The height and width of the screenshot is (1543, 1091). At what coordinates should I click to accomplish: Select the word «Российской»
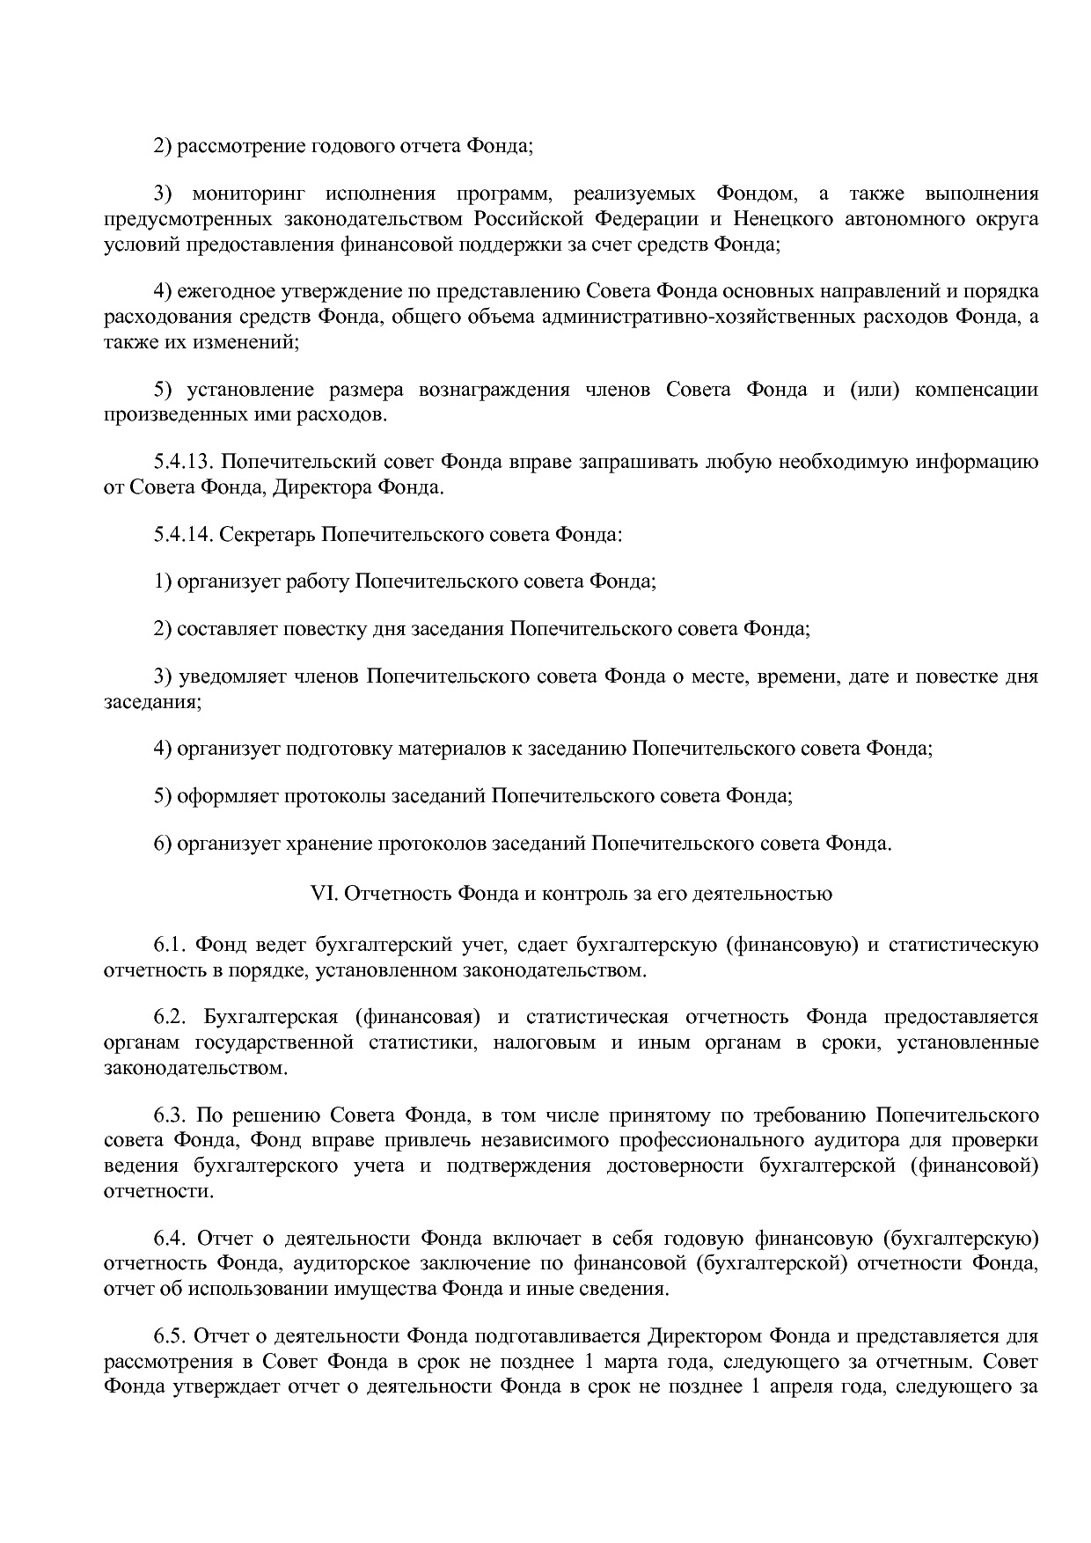pyautogui.click(x=526, y=219)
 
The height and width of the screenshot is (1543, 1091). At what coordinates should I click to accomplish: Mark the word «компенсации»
pyautogui.click(x=976, y=390)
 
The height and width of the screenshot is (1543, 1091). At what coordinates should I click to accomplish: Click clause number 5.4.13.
pyautogui.click(x=183, y=462)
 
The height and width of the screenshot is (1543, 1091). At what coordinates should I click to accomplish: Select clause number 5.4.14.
pyautogui.click(x=183, y=534)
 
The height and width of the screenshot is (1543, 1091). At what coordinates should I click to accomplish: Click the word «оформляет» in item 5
pyautogui.click(x=228, y=797)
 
